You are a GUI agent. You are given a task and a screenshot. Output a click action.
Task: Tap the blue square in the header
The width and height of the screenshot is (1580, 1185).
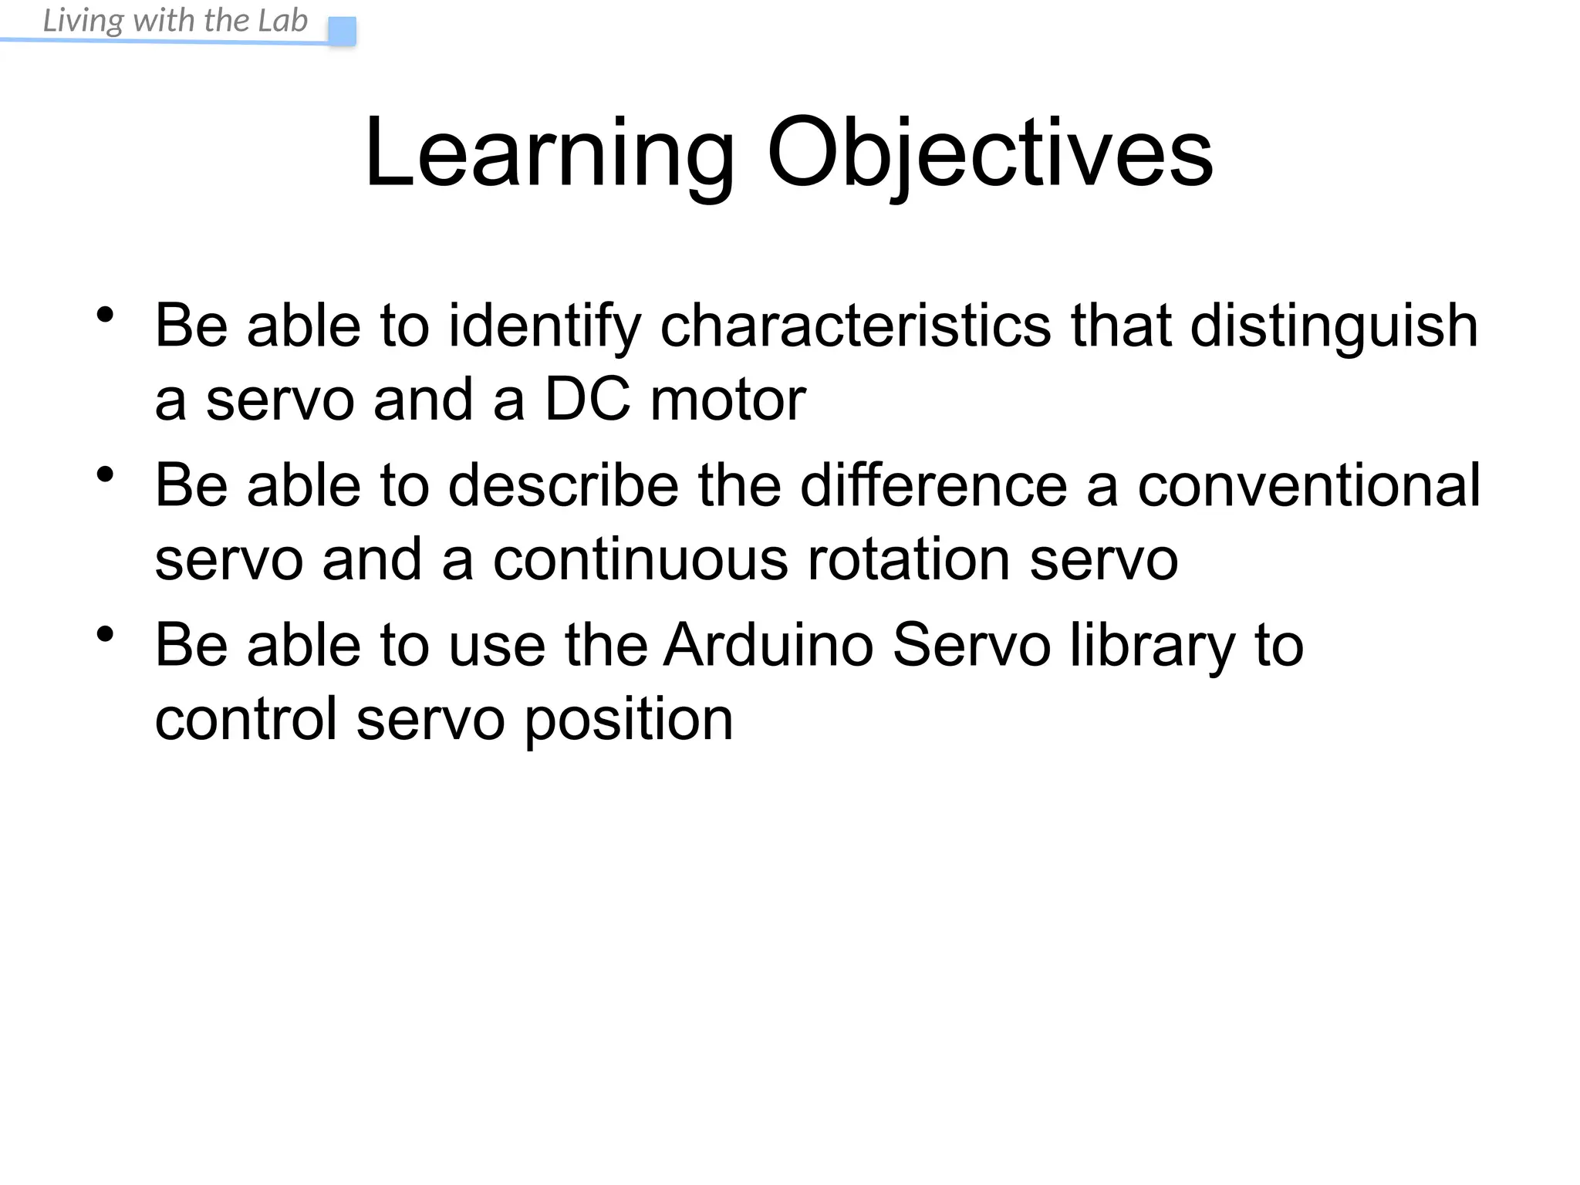point(342,32)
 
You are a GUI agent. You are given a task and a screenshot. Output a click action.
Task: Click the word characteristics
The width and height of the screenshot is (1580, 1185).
point(855,326)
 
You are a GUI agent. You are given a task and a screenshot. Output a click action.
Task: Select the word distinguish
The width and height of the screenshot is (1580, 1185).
point(1334,326)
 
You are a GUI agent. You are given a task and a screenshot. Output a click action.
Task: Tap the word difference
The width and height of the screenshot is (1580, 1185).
point(933,485)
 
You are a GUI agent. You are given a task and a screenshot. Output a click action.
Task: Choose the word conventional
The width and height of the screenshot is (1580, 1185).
point(1308,485)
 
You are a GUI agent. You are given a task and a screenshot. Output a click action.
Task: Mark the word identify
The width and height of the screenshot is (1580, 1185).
point(545,326)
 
